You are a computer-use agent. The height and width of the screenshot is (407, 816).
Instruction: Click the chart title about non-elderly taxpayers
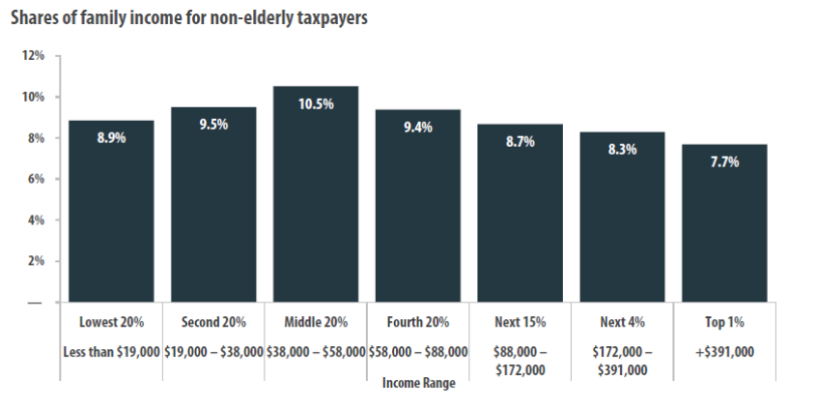tap(189, 17)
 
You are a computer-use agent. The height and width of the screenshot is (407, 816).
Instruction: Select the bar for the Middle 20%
tap(316, 194)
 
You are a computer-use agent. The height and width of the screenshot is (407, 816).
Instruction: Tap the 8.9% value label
tap(111, 138)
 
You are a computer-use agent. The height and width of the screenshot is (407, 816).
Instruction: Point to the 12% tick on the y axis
tap(33, 55)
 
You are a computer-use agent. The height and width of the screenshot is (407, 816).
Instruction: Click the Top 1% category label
tap(724, 323)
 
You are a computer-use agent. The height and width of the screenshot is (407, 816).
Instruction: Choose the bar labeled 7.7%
tap(724, 223)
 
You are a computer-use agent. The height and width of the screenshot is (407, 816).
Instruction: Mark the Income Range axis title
tap(418, 384)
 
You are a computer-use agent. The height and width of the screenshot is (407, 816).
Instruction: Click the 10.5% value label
tap(316, 104)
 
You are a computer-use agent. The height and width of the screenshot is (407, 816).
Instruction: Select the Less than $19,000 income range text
tap(111, 352)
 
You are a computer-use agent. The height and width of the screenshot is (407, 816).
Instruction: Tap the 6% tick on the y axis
tap(36, 179)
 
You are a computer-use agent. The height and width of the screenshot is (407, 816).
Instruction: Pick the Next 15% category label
tap(521, 323)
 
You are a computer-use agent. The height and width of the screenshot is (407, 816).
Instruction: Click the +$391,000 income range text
tap(724, 352)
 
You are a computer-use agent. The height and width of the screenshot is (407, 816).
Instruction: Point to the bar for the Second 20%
tap(213, 204)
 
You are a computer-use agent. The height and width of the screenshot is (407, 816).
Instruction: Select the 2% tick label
tap(36, 261)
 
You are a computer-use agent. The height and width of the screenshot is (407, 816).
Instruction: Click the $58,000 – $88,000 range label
tap(418, 352)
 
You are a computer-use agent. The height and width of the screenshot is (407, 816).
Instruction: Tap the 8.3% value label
tap(623, 150)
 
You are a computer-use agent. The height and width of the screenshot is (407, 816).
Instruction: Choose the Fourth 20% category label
tap(418, 323)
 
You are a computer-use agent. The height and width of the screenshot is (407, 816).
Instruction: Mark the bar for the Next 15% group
tap(521, 213)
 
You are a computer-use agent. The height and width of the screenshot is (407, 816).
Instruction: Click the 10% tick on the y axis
tap(33, 97)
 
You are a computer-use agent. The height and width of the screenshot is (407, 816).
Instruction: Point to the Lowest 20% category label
tap(111, 323)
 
